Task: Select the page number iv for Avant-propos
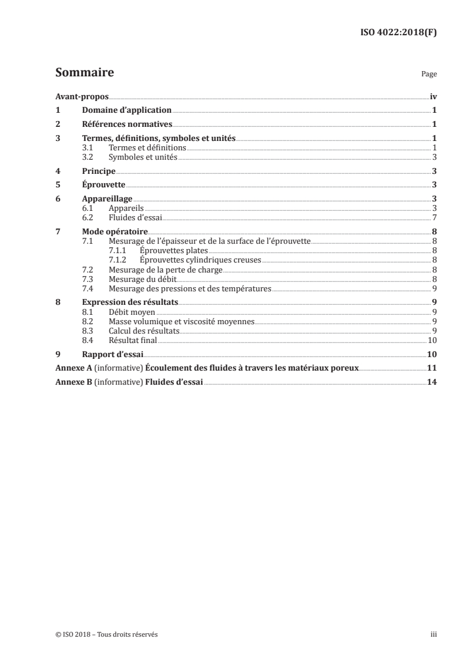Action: point(433,96)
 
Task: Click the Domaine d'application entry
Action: point(126,110)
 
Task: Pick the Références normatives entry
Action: point(126,124)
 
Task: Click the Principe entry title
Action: point(98,171)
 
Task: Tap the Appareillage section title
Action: point(108,199)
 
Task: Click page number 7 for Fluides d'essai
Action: point(434,217)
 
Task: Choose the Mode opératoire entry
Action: point(115,231)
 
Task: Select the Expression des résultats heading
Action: point(130,302)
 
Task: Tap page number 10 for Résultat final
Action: point(432,339)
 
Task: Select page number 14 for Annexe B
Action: point(432,382)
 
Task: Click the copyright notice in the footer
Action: point(103,634)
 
